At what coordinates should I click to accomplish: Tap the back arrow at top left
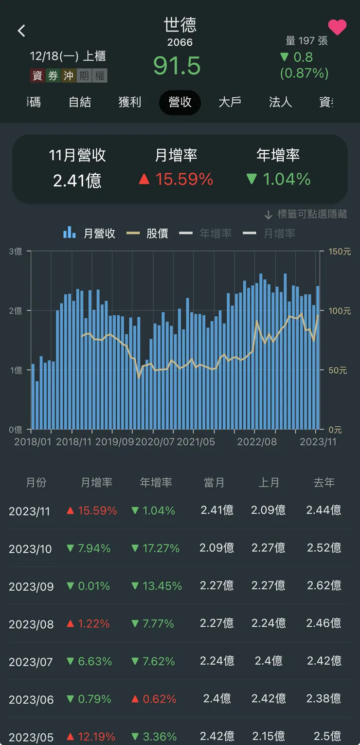[21, 31]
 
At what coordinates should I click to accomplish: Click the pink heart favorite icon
[337, 27]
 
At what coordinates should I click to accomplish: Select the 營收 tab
[180, 102]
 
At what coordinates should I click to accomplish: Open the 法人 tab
[280, 102]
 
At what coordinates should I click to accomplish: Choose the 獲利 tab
[130, 102]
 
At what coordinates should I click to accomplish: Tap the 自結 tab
[80, 102]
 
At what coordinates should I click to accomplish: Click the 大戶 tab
[230, 102]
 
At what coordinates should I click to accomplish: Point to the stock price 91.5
[177, 65]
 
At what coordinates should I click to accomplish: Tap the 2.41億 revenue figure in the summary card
[77, 181]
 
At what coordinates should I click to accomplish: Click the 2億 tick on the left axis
[16, 310]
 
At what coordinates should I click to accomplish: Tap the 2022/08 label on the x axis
[257, 442]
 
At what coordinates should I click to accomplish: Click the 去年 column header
[324, 482]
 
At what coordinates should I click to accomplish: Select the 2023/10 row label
[30, 549]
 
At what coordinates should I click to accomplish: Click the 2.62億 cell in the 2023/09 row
[324, 585]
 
